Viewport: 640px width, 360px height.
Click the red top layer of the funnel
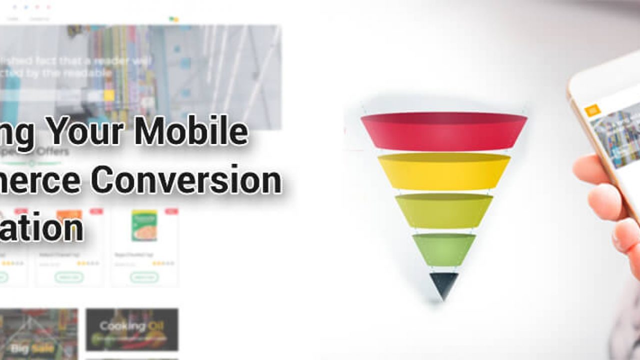pos(443,131)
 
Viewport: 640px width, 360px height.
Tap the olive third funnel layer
pos(444,210)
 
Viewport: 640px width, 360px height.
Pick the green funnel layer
pos(444,248)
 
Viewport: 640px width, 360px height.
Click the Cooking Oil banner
pos(132,329)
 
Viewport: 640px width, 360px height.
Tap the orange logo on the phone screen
pos(593,110)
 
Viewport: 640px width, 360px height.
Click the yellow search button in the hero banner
pos(109,95)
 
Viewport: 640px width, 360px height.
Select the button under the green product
pos(144,277)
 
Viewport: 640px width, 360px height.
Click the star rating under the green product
pos(163,263)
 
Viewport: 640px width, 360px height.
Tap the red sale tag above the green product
pos(171,211)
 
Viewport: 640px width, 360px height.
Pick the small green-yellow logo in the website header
pos(173,19)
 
